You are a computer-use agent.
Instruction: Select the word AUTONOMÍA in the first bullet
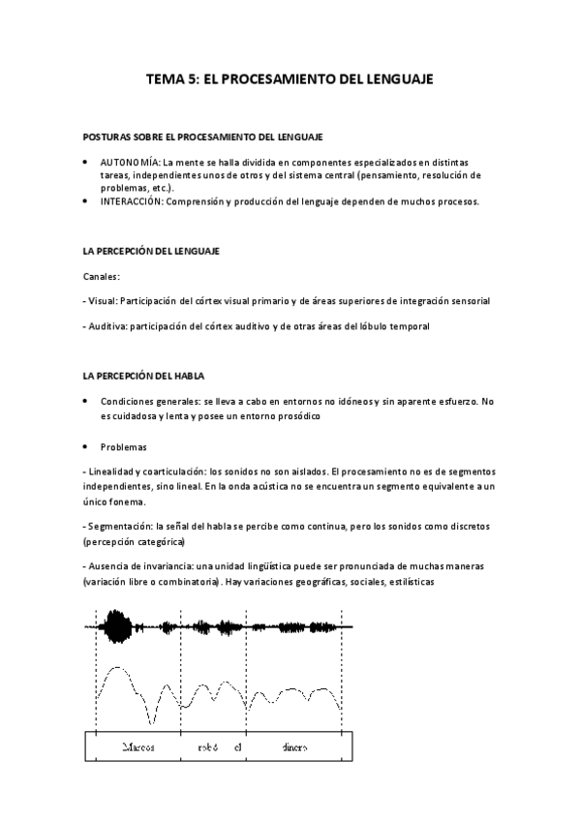click(x=130, y=163)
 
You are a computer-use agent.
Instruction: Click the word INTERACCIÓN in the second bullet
click(x=131, y=201)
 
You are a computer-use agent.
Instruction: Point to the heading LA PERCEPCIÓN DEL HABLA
click(x=143, y=375)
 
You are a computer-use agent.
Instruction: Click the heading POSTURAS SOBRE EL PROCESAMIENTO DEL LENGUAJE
click(x=203, y=137)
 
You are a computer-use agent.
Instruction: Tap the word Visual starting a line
click(x=106, y=301)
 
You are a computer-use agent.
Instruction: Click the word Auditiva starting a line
click(x=109, y=326)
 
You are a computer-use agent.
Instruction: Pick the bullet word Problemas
click(x=123, y=446)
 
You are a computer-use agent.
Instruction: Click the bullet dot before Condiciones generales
click(x=86, y=401)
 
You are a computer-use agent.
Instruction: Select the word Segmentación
click(x=124, y=526)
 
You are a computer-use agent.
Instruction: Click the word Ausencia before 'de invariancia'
click(x=112, y=564)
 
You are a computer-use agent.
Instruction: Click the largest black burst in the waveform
click(x=120, y=626)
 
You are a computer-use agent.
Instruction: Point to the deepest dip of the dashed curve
click(x=152, y=721)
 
